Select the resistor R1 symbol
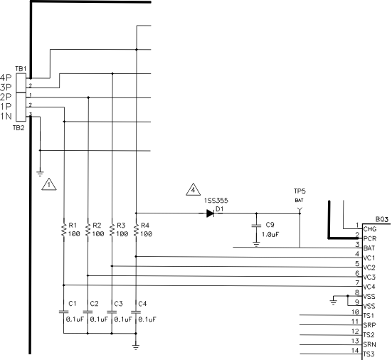pos(63,229)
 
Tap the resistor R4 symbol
pos(135,229)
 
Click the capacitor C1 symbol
pos(63,312)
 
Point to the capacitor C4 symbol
pos(135,312)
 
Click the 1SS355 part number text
pos(216,201)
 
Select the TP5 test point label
pos(300,192)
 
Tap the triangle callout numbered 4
pos(193,190)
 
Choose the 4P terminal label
pos(6,77)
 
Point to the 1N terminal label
pos(6,115)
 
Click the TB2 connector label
pos(18,128)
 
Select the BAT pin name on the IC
pos(369,248)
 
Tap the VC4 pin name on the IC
pos(369,285)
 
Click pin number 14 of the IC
pos(354,351)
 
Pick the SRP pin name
pos(369,324)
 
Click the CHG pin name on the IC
pos(369,229)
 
